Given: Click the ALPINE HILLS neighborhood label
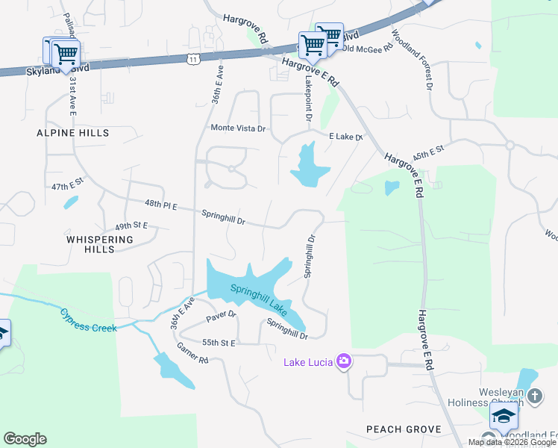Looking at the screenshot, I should click(73, 133).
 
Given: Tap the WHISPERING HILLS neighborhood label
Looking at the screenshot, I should click(100, 244).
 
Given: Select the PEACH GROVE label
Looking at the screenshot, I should click(404, 429).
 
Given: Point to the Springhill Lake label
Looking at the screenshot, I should click(258, 297).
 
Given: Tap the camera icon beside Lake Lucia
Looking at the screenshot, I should click(343, 362).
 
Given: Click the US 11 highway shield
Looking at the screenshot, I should click(193, 58).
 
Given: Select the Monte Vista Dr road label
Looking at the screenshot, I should click(238, 128).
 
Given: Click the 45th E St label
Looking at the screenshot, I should click(428, 152).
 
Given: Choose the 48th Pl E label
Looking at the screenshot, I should click(161, 205).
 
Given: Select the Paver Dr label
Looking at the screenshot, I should click(221, 317).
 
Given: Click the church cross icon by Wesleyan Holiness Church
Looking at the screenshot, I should click(534, 395).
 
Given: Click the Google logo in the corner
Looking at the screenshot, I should click(25, 439).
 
